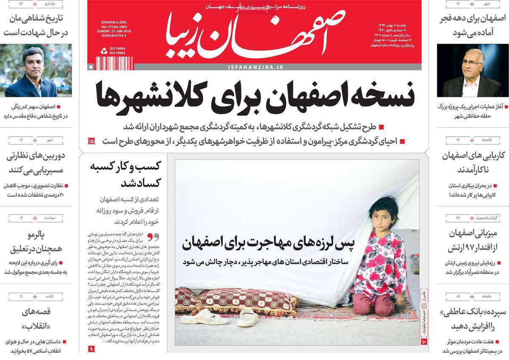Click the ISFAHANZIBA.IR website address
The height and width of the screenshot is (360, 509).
point(255,67)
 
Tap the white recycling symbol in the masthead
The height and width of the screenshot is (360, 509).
point(104,51)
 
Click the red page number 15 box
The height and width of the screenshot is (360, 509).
point(91,141)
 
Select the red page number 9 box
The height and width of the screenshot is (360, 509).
point(91,349)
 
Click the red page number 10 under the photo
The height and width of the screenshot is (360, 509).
point(423,341)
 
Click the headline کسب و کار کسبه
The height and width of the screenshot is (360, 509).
point(123,166)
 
